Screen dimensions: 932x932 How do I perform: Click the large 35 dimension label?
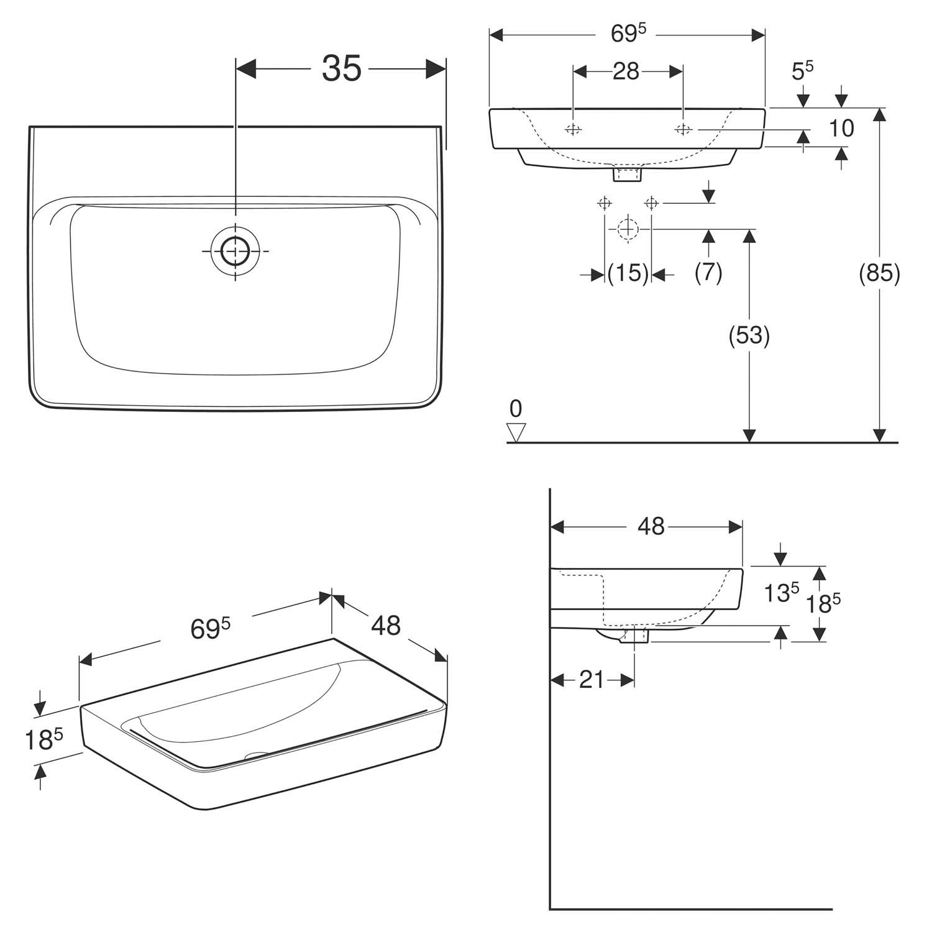(x=342, y=68)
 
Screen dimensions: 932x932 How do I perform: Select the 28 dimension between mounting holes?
(x=626, y=71)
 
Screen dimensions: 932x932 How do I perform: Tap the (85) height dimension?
(x=879, y=273)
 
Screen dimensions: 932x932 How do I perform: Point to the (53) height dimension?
(x=749, y=336)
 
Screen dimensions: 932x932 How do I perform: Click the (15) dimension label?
(x=628, y=273)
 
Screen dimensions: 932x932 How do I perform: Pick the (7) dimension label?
(x=708, y=273)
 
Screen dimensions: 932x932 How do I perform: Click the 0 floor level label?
(x=516, y=409)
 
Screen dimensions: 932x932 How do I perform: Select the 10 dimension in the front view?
(x=841, y=129)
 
